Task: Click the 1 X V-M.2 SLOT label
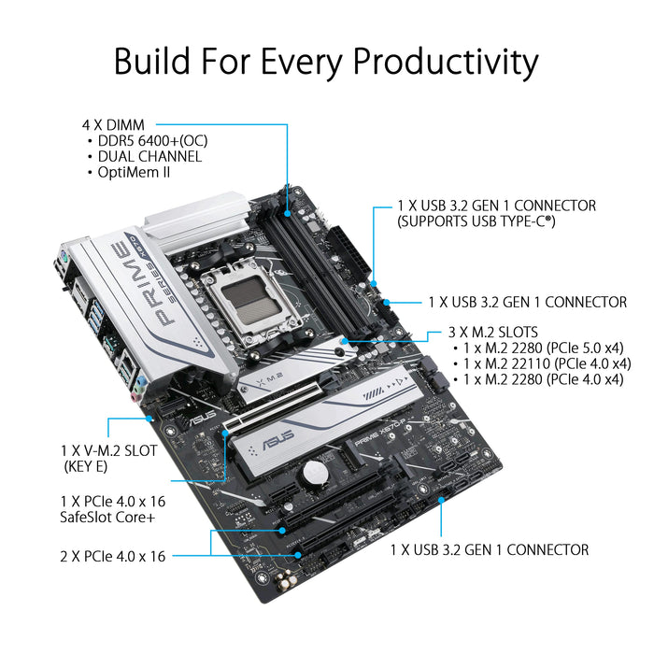pyautogui.click(x=111, y=448)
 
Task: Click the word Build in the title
pyautogui.click(x=149, y=62)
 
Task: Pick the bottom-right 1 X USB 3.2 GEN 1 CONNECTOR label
pyautogui.click(x=489, y=550)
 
